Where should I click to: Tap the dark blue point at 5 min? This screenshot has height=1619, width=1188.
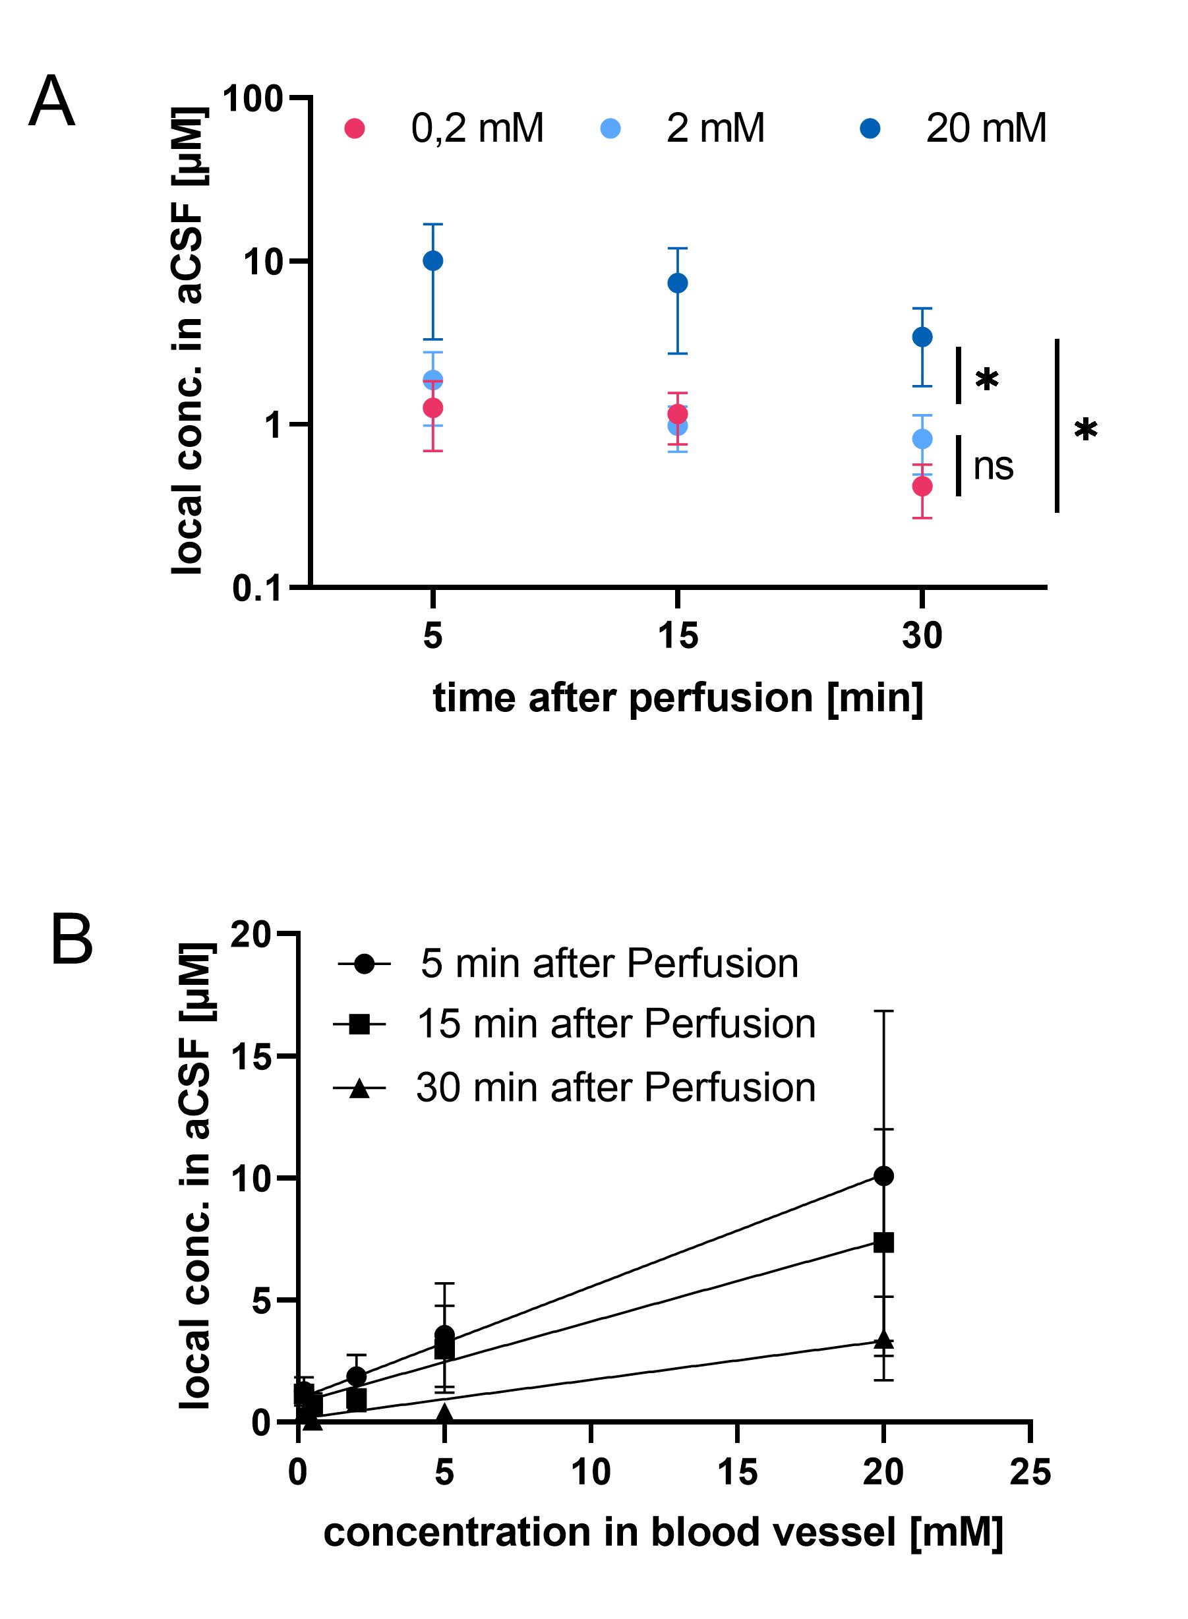coord(433,260)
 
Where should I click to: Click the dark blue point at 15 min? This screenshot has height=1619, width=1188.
coord(678,283)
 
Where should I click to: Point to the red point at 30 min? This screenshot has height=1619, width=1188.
coord(922,486)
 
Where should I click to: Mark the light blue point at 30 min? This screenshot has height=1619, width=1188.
coord(922,438)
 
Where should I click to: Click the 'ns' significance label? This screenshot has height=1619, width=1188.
coord(993,467)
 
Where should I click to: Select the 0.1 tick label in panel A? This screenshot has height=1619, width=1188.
coord(256,588)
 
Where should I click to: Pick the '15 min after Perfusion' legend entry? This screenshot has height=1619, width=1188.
coord(616,1024)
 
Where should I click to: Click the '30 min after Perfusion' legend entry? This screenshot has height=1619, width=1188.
coord(616,1087)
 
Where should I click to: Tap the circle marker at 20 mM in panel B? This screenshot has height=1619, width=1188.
coord(883,1176)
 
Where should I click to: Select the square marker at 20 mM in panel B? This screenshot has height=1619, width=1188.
coord(883,1243)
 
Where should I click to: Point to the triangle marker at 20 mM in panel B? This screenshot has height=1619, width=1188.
coord(883,1340)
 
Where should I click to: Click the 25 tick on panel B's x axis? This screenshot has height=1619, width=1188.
coord(1030,1471)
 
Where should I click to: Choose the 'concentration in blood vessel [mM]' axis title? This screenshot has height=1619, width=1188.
coord(663,1533)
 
